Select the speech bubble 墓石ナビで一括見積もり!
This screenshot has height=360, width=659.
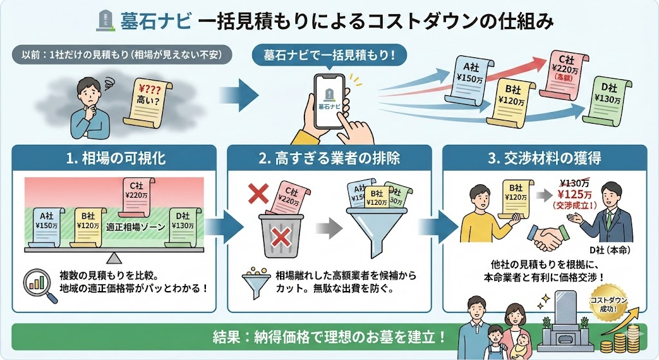331,55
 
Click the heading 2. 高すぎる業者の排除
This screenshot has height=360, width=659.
329,157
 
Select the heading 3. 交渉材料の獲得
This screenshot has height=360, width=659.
544,157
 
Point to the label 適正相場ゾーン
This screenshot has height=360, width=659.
136,227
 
